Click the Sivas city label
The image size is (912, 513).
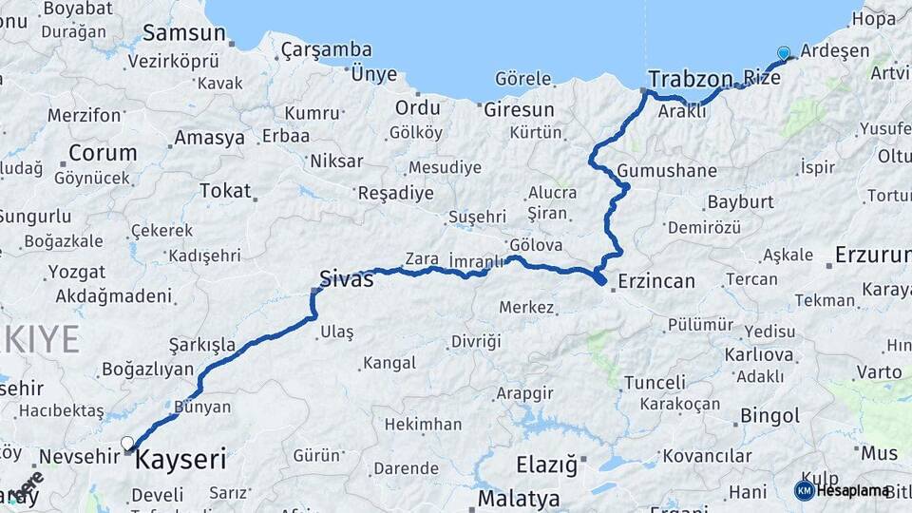346,278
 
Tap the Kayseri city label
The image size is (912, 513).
181,461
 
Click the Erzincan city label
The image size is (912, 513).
656,280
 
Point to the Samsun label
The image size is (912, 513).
183,33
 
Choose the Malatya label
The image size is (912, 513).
519,498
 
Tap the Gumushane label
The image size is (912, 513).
667,171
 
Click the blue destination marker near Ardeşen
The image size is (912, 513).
783,53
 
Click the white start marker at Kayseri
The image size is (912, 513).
127,442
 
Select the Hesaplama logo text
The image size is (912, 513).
852,490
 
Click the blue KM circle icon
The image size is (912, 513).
804,490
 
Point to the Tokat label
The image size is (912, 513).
225,190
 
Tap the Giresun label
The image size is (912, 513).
519,108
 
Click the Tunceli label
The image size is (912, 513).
655,382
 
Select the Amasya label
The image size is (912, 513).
209,138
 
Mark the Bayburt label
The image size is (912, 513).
740,201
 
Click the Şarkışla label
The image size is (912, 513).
202,343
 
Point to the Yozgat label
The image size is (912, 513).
77,273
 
